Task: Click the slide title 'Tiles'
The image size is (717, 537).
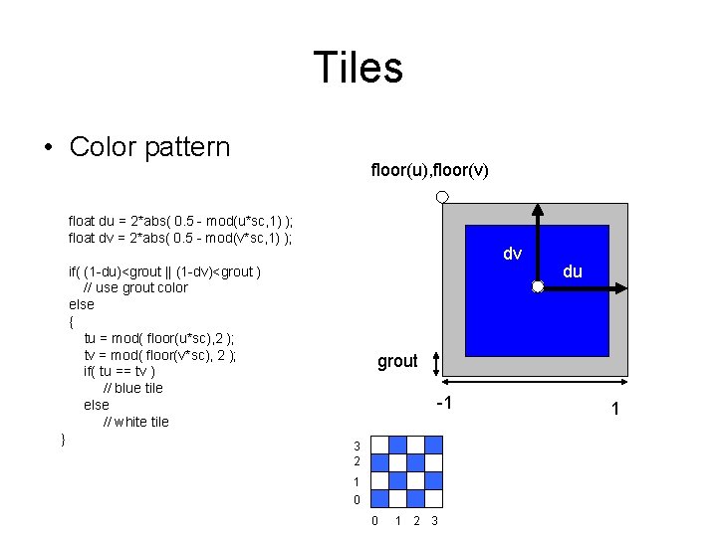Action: click(x=358, y=68)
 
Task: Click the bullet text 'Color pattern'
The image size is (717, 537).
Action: click(x=149, y=147)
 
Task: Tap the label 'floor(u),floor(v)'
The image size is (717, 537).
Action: click(x=429, y=171)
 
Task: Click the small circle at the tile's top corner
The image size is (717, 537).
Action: click(x=442, y=198)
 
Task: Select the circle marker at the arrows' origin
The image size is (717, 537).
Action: click(x=537, y=287)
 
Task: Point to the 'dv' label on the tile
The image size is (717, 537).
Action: click(x=512, y=254)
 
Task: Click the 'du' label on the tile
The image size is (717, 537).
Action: click(x=573, y=270)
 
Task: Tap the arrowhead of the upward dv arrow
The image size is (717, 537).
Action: click(x=537, y=208)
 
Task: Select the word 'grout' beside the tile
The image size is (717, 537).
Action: click(x=397, y=361)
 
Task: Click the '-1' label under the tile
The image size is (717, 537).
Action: click(x=444, y=403)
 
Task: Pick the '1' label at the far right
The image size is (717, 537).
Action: click(x=615, y=409)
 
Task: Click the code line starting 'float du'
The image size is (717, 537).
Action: click(x=180, y=221)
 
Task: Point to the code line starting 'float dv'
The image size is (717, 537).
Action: click(x=179, y=238)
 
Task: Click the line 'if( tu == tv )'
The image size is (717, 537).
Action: click(x=126, y=371)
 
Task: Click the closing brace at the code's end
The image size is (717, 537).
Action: click(x=63, y=439)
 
